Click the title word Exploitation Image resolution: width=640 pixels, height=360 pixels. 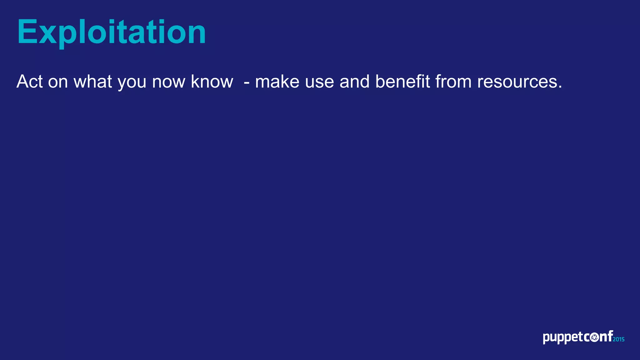(111, 32)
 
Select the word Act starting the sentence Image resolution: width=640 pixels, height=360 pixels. (29, 82)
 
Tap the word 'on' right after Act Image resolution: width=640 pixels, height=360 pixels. (58, 82)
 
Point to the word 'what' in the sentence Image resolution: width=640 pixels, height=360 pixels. (92, 82)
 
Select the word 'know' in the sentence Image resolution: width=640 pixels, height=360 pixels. (212, 82)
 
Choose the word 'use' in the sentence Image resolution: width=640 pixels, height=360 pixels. (319, 82)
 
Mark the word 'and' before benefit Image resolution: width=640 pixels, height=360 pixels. (354, 82)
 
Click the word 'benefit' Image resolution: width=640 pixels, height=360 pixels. (402, 82)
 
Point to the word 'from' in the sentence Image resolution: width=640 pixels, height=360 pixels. (453, 82)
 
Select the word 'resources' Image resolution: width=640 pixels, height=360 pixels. (517, 82)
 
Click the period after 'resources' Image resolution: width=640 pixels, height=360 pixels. (560, 87)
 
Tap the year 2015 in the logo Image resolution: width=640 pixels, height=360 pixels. (618, 339)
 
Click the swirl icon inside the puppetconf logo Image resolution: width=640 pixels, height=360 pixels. (595, 337)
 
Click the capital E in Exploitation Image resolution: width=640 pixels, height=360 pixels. (27, 32)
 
